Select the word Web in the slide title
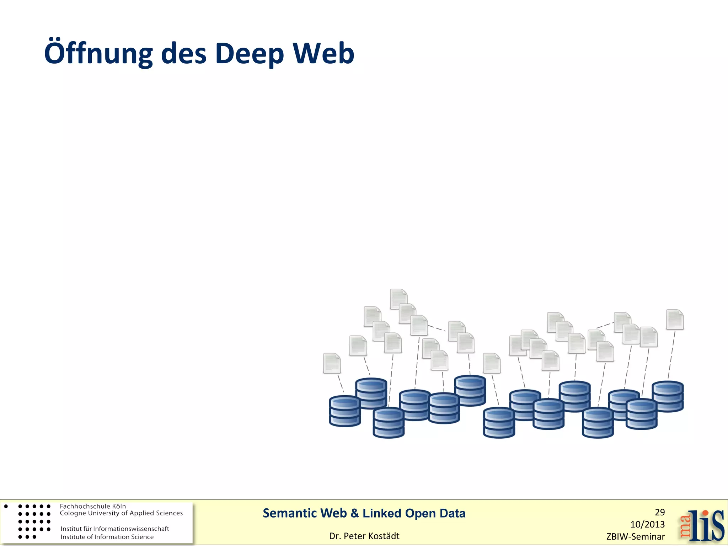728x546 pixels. pyautogui.click(x=323, y=53)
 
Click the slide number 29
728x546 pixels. pyautogui.click(x=660, y=512)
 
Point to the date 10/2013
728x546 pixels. pyautogui.click(x=647, y=524)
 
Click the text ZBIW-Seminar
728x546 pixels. pyautogui.click(x=636, y=536)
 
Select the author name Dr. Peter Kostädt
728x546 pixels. pyautogui.click(x=364, y=536)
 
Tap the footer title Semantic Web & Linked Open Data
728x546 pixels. pyautogui.click(x=364, y=513)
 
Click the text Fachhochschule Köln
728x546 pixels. pyautogui.click(x=93, y=506)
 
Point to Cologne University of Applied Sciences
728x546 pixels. pyautogui.click(x=121, y=513)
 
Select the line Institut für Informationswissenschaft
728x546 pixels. pyautogui.click(x=115, y=529)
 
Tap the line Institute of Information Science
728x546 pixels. pyautogui.click(x=107, y=537)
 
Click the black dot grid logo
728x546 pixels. pyautogui.click(x=34, y=521)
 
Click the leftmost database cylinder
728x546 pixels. pyautogui.click(x=345, y=411)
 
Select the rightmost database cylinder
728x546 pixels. pyautogui.click(x=668, y=396)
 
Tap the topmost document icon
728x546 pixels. pyautogui.click(x=398, y=299)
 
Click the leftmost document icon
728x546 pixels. pyautogui.click(x=332, y=363)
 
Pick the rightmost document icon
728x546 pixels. pyautogui.click(x=675, y=320)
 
